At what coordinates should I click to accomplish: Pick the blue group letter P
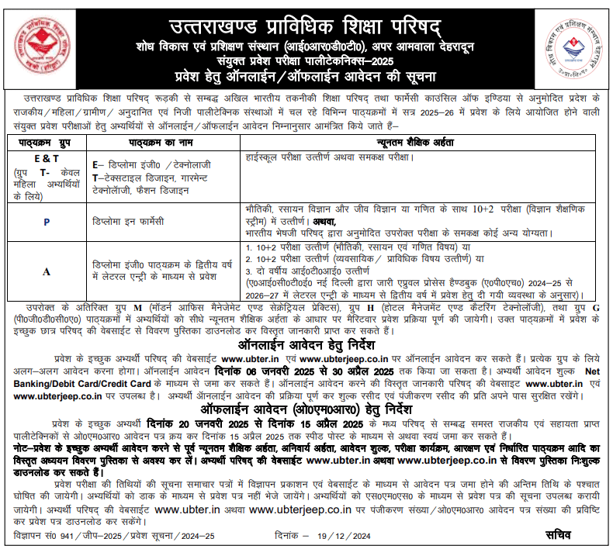pyautogui.click(x=47, y=222)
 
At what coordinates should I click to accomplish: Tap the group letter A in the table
pyautogui.click(x=47, y=272)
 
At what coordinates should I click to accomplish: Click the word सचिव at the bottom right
pyautogui.click(x=557, y=534)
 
